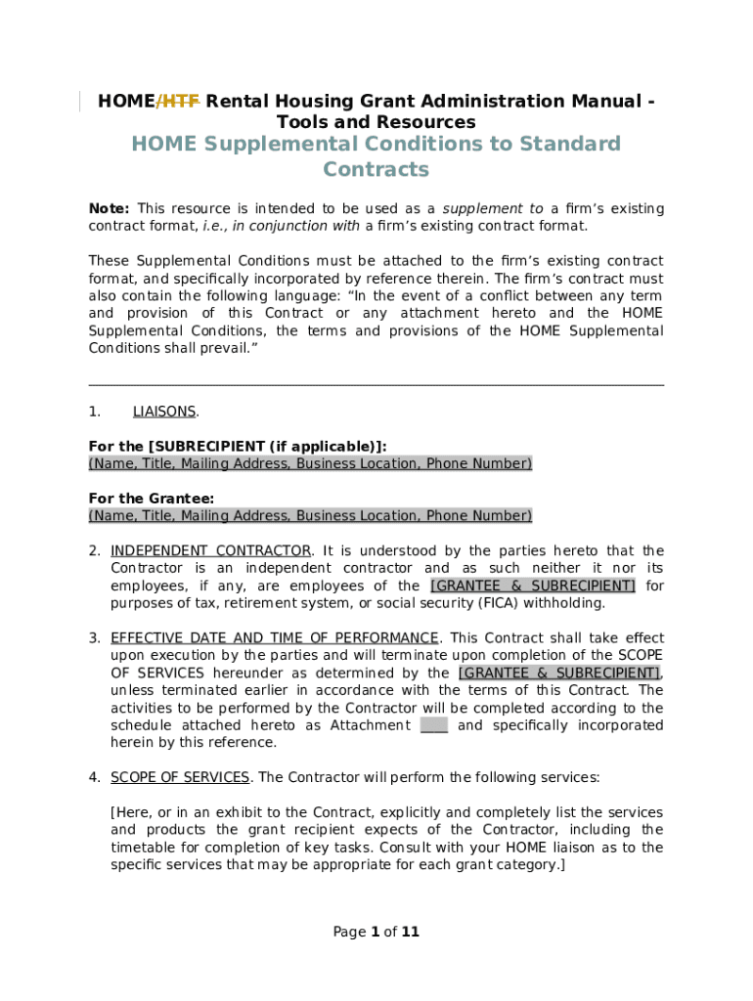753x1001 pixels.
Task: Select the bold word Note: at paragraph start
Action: [109, 209]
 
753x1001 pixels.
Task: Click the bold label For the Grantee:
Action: [152, 499]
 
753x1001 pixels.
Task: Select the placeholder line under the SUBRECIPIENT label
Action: [310, 463]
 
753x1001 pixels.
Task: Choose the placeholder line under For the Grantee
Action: [310, 515]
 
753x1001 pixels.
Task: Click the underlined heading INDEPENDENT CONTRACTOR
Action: [211, 551]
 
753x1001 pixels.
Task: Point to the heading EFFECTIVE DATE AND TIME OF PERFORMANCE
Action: [275, 638]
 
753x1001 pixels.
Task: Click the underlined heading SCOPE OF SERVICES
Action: [180, 778]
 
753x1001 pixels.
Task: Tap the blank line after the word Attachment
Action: [433, 725]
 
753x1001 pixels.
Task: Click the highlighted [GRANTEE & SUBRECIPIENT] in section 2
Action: [533, 586]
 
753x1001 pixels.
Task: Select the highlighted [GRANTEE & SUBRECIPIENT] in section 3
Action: [559, 674]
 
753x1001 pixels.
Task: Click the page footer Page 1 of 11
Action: [376, 932]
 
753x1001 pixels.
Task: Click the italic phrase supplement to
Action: [493, 209]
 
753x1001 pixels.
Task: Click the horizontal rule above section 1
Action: [376, 385]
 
